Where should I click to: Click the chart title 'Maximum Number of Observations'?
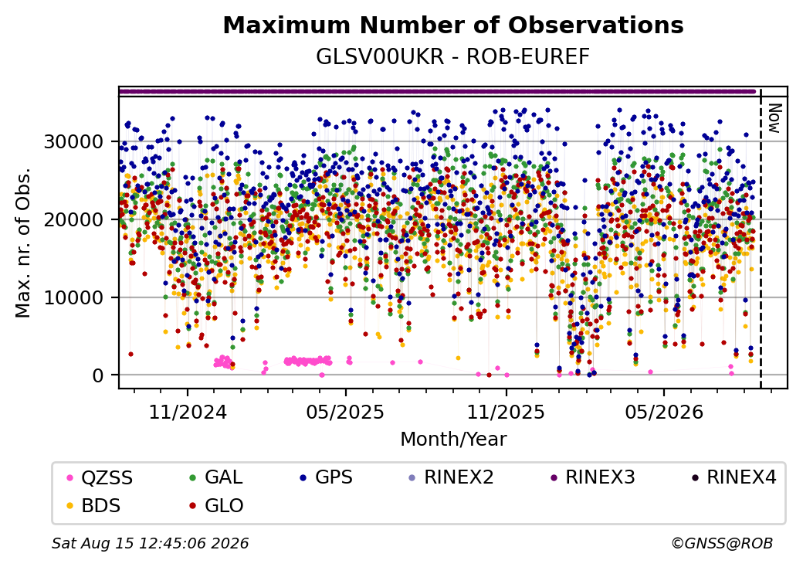(453, 25)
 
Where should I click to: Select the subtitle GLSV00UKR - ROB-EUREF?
(452, 56)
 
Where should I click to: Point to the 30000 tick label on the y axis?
(73, 141)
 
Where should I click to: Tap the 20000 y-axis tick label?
(73, 219)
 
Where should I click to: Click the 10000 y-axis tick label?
(73, 297)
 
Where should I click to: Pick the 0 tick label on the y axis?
(98, 375)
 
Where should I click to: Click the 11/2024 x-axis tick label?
(188, 412)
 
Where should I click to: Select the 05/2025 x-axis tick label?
(346, 412)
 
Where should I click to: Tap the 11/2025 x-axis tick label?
(506, 412)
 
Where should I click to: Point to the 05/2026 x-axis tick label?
(664, 412)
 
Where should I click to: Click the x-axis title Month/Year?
(453, 439)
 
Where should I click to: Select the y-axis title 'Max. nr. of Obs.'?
(23, 243)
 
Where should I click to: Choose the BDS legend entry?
(93, 505)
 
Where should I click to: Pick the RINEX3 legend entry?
(592, 477)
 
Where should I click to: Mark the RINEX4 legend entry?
(734, 477)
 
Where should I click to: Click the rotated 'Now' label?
(774, 118)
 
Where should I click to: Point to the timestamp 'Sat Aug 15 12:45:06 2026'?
(151, 543)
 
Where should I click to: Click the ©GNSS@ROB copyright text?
(722, 543)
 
